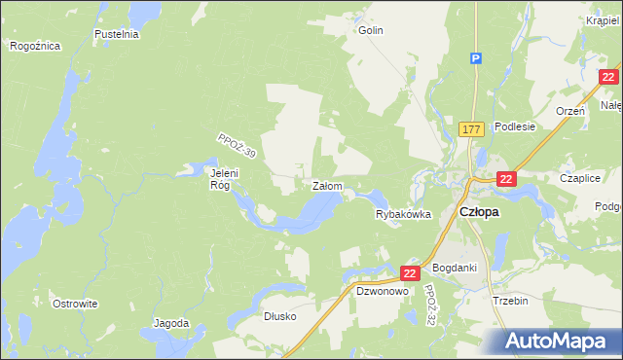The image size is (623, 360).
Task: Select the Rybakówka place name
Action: point(403,215)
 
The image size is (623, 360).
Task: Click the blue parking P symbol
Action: point(476,58)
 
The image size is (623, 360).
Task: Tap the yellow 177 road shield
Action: point(472,128)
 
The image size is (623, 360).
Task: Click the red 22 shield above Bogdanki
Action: point(409,275)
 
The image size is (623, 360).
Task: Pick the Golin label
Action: point(371,30)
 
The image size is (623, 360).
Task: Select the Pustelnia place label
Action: point(117,34)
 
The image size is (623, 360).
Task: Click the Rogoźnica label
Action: point(35,46)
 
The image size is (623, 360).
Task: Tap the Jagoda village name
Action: point(170,323)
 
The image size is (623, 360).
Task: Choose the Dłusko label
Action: point(279,316)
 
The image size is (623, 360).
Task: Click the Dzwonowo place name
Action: point(381,291)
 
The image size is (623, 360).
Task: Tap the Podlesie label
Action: point(515,126)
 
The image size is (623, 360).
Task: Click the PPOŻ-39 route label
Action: point(237,147)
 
